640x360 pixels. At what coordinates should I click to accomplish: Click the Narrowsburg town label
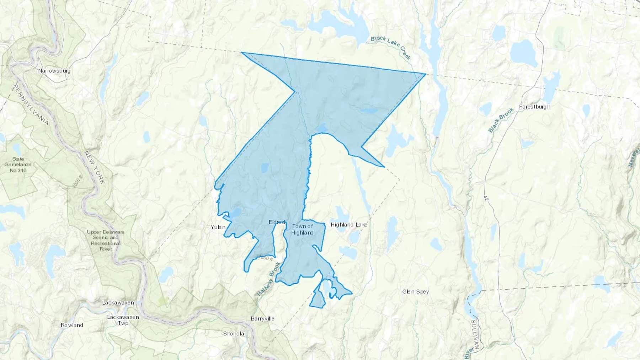[x=54, y=71]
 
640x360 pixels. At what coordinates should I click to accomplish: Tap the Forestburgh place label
[x=534, y=107]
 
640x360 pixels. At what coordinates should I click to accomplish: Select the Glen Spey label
[x=415, y=292]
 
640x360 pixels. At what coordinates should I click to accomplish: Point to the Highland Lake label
[x=349, y=225]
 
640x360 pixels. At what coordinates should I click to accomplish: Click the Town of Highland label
[x=302, y=229]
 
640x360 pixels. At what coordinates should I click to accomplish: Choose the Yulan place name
[x=218, y=227]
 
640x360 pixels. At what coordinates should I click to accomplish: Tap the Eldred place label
[x=277, y=222]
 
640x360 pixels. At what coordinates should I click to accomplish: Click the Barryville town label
[x=262, y=319]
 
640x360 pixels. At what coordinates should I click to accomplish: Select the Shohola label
[x=234, y=334]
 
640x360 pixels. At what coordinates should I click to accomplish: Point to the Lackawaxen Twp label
[x=123, y=320]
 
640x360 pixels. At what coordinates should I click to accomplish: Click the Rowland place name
[x=72, y=325]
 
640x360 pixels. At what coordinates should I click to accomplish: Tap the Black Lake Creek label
[x=391, y=48]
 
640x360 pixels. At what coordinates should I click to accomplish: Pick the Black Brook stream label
[x=501, y=120]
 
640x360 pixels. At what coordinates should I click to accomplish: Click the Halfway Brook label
[x=269, y=279]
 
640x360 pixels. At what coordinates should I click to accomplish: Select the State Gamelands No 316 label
[x=18, y=165]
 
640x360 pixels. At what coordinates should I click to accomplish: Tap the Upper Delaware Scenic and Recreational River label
[x=106, y=241]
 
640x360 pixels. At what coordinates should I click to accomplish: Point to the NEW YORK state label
[x=95, y=167]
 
